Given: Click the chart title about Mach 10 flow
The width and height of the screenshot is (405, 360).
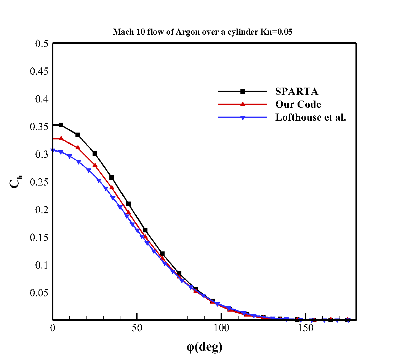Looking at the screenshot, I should [202, 32].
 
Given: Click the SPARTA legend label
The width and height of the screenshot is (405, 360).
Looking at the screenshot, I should [297, 91].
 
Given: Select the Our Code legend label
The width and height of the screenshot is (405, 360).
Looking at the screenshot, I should [298, 104].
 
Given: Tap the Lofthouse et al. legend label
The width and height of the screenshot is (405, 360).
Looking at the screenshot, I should [311, 117].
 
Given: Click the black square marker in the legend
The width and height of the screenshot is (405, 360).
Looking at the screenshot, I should [242, 91].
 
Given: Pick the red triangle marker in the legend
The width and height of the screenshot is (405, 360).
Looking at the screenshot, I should [242, 104].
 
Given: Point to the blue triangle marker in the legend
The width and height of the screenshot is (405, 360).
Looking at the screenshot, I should [242, 118].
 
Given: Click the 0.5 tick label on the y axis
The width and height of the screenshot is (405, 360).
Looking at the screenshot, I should [41, 44].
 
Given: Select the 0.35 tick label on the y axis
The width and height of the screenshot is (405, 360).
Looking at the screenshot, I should [38, 127].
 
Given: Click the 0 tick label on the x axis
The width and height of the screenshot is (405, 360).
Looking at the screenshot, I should [53, 329].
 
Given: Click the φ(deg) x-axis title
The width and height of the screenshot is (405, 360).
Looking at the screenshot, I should [204, 347].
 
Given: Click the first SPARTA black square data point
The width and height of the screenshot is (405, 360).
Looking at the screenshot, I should [61, 125].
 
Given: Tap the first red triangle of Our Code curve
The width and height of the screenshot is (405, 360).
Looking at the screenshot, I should [61, 138].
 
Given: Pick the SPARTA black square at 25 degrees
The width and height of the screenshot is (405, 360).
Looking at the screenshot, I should [95, 154].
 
